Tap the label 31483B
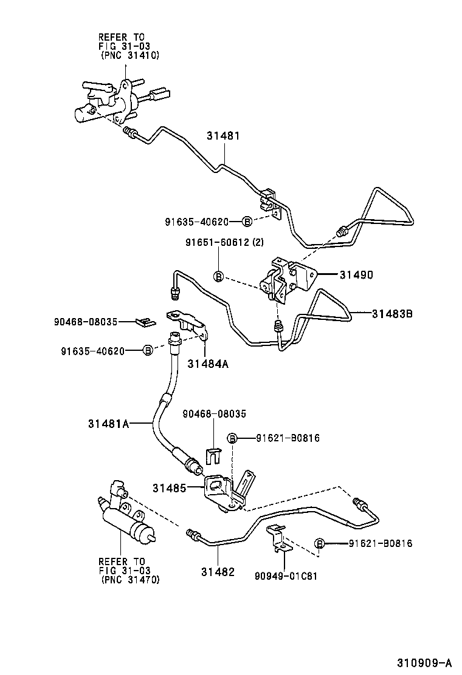393,314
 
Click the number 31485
170,487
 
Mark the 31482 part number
218,572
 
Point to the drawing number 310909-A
426,661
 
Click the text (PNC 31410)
129,55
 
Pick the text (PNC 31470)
129,580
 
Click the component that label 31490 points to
284,279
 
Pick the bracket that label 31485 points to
220,489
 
